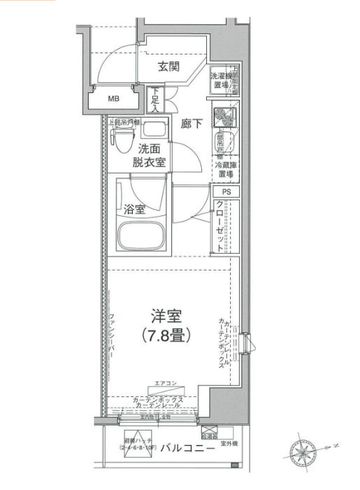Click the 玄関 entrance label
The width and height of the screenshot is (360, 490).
click(168, 67)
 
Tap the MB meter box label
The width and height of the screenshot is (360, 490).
click(113, 99)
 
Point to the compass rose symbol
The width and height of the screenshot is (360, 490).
click(305, 450)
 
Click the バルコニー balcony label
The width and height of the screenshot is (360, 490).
click(187, 448)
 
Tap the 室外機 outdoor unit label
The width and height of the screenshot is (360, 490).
click(230, 444)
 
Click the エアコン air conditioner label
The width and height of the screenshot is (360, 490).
click(166, 382)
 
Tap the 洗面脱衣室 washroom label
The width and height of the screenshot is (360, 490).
click(150, 155)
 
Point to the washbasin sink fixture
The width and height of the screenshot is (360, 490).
click(156, 130)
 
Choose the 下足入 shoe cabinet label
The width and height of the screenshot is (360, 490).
click(155, 97)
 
